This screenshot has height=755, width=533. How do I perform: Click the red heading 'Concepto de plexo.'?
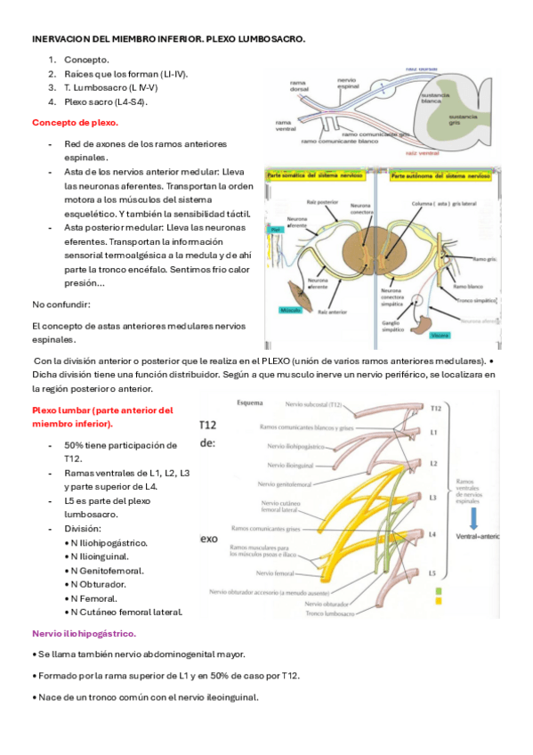click(x=75, y=122)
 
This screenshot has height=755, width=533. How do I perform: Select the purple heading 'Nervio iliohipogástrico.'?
click(x=84, y=633)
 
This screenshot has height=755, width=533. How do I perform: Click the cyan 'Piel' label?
click(x=276, y=230)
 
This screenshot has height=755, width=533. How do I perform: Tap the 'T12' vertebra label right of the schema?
click(x=435, y=409)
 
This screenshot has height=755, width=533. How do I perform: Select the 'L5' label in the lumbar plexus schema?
click(x=432, y=572)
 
